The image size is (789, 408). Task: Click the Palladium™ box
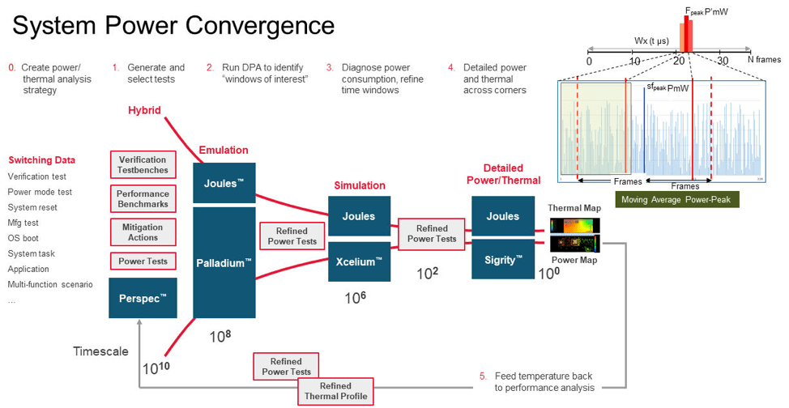click(x=224, y=262)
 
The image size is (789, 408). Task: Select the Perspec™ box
click(x=142, y=298)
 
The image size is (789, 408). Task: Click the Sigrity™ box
click(x=502, y=259)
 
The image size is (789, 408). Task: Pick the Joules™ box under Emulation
click(x=224, y=183)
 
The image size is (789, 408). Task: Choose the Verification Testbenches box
click(x=143, y=165)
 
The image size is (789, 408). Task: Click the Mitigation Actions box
click(x=143, y=232)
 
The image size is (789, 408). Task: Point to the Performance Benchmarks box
click(x=143, y=199)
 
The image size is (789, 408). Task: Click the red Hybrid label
click(x=144, y=109)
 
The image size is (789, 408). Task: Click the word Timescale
click(x=100, y=351)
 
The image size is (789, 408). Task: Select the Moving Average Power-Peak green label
click(x=676, y=199)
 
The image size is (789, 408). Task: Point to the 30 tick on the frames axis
click(x=723, y=61)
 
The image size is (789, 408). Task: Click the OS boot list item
click(x=23, y=238)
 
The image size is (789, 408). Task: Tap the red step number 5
click(x=483, y=376)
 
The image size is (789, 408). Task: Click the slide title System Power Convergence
click(x=173, y=25)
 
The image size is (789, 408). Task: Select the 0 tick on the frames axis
click(x=589, y=61)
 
